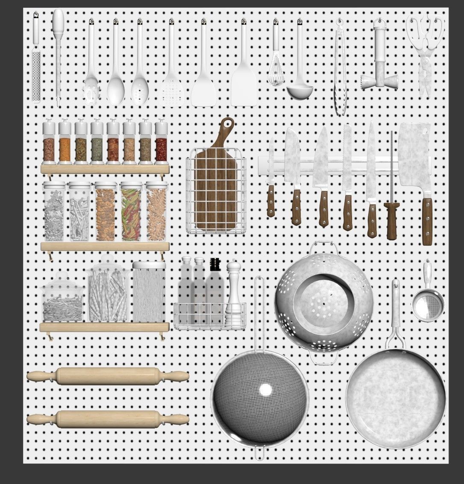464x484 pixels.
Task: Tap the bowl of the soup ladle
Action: click(x=300, y=91)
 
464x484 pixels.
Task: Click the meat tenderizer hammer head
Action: click(x=379, y=81)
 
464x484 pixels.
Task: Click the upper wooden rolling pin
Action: click(x=108, y=376)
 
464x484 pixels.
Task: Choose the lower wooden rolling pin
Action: click(x=108, y=419)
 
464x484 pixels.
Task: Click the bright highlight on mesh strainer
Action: click(x=265, y=390)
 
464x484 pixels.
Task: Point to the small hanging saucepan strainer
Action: click(x=428, y=304)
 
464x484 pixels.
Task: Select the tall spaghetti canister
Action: click(x=149, y=293)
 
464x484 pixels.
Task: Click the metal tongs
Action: click(x=340, y=73)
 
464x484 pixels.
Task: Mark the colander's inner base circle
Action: click(x=323, y=299)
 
